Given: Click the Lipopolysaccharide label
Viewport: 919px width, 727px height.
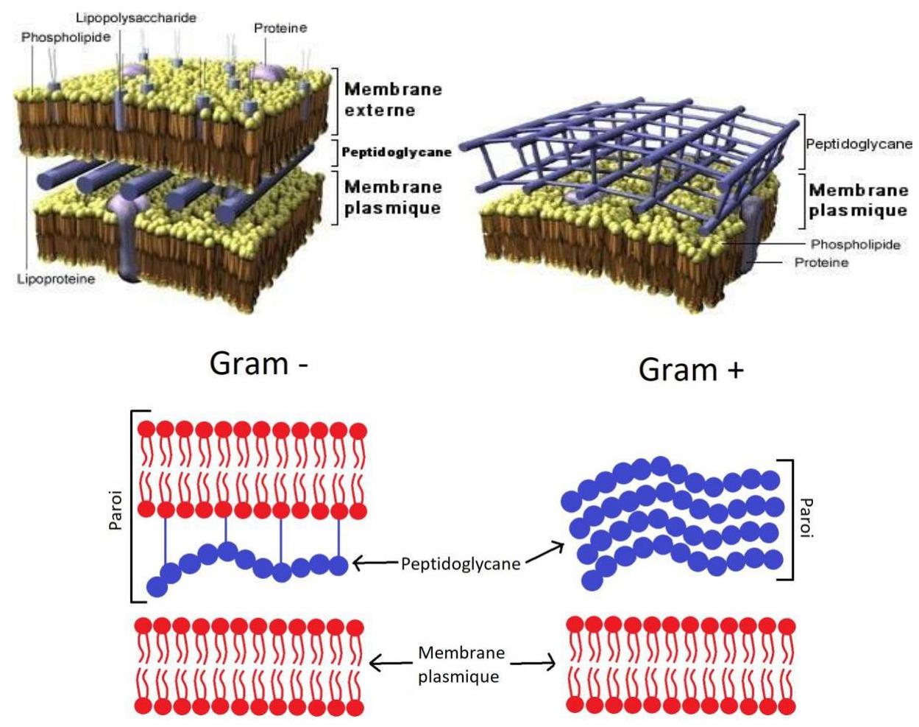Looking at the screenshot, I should coord(136,18).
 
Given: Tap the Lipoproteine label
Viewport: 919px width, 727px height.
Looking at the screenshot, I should coord(56,279).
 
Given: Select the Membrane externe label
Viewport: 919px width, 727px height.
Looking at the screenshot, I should coord(393,99).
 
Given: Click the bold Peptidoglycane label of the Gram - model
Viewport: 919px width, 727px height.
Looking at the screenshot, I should coord(397,152).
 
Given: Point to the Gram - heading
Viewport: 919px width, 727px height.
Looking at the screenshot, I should coord(258,363).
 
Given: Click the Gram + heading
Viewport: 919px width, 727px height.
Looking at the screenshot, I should coord(691,369).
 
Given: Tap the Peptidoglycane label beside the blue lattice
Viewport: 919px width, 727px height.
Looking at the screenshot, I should coord(859,144).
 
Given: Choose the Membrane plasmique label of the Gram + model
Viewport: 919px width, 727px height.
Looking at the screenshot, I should coord(858,200).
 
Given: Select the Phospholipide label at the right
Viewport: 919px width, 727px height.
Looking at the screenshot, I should coord(855,245).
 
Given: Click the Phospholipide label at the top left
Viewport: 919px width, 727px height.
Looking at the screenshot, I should coord(65,37).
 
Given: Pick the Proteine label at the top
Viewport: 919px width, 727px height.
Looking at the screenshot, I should coord(280,28).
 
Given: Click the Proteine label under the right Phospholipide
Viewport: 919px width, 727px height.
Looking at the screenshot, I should coord(821,262).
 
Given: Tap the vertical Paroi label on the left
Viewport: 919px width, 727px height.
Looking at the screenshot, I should coord(116,508).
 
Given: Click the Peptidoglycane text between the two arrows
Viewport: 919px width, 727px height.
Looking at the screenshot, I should coord(461,564).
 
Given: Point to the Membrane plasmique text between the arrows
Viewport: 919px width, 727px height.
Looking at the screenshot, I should coord(461,664).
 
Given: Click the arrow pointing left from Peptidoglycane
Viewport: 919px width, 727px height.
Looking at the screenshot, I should coord(375,564).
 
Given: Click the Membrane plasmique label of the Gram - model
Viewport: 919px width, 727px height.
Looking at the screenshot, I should coord(393,197).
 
